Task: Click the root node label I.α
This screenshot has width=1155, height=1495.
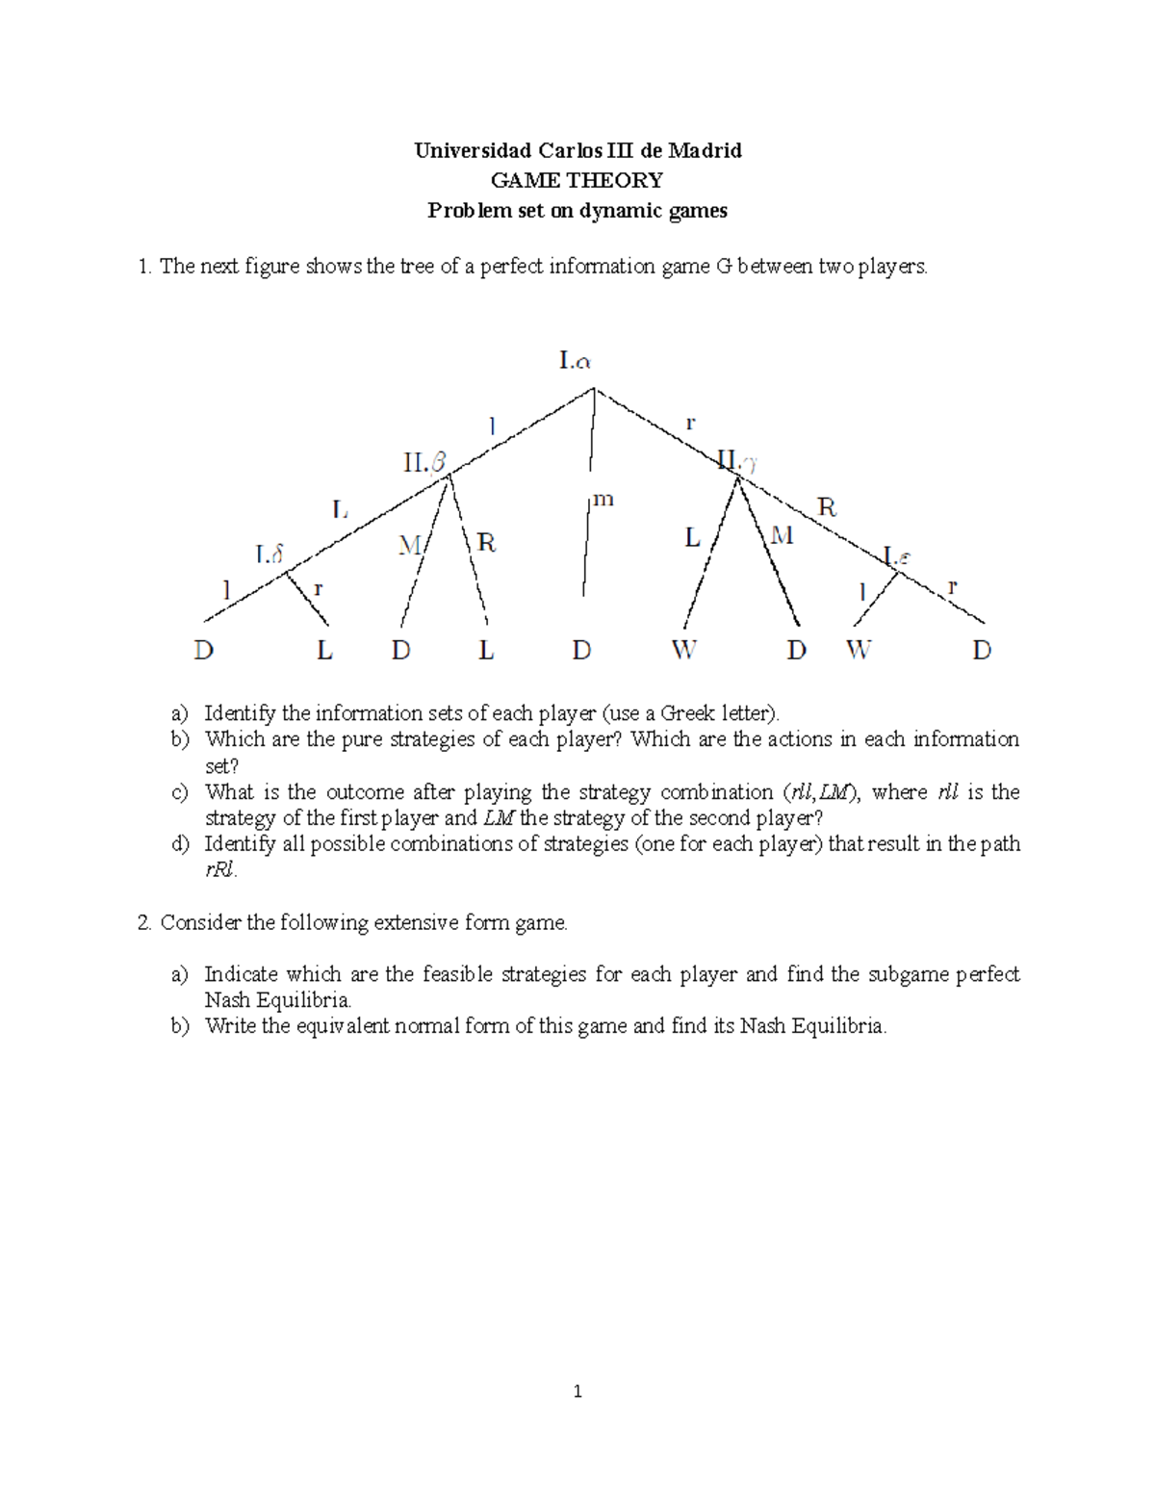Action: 575,361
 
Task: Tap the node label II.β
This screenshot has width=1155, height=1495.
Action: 424,463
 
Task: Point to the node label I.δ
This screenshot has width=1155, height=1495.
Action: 269,554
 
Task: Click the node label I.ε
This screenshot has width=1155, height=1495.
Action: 897,556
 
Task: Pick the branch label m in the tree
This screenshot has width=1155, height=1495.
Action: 603,500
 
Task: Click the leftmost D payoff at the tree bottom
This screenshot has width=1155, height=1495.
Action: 203,651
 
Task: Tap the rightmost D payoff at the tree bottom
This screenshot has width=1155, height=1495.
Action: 982,651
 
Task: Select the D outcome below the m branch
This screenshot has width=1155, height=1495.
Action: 581,651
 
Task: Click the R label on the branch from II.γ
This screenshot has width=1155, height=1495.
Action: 826,507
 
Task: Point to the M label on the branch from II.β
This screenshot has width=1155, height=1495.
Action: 409,546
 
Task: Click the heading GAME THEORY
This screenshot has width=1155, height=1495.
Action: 577,180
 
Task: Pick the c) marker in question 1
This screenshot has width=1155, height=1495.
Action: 179,792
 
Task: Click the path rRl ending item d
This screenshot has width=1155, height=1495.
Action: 219,870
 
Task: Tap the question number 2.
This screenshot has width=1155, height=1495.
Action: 143,923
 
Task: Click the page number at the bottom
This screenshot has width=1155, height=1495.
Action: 577,1391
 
